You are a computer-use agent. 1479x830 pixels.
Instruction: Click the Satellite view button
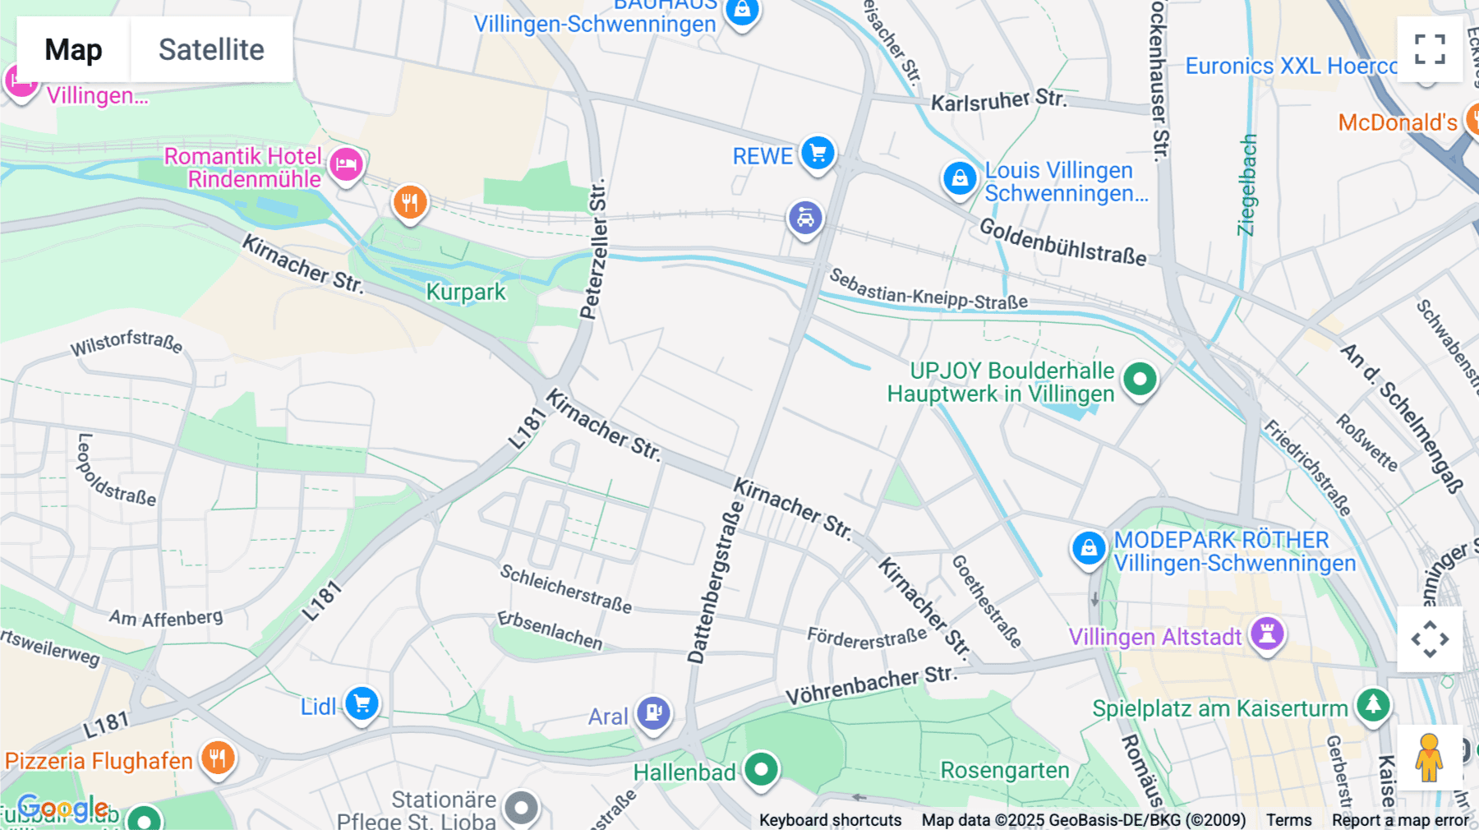(211, 49)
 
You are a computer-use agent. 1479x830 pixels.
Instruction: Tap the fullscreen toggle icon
(1430, 49)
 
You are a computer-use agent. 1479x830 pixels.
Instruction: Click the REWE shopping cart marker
(818, 153)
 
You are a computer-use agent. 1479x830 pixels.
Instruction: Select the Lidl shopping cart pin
(362, 703)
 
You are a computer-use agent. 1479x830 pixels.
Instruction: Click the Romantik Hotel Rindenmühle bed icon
(346, 164)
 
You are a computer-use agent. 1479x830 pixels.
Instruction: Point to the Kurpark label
(466, 292)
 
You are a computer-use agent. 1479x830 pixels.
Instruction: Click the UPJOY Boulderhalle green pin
(1140, 380)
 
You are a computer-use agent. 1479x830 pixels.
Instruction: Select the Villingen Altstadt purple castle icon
(1267, 634)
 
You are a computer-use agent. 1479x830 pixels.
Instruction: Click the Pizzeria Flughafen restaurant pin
(218, 758)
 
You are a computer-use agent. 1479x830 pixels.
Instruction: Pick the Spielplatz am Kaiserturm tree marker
(1373, 704)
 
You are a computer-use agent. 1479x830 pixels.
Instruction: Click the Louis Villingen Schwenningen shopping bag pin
(959, 178)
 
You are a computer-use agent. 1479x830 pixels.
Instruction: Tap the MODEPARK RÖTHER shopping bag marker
(1089, 547)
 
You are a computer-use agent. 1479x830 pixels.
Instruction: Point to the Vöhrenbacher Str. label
(871, 685)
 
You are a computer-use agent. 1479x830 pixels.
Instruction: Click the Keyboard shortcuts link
(830, 820)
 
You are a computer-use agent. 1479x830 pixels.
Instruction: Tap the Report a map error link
(1400, 820)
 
